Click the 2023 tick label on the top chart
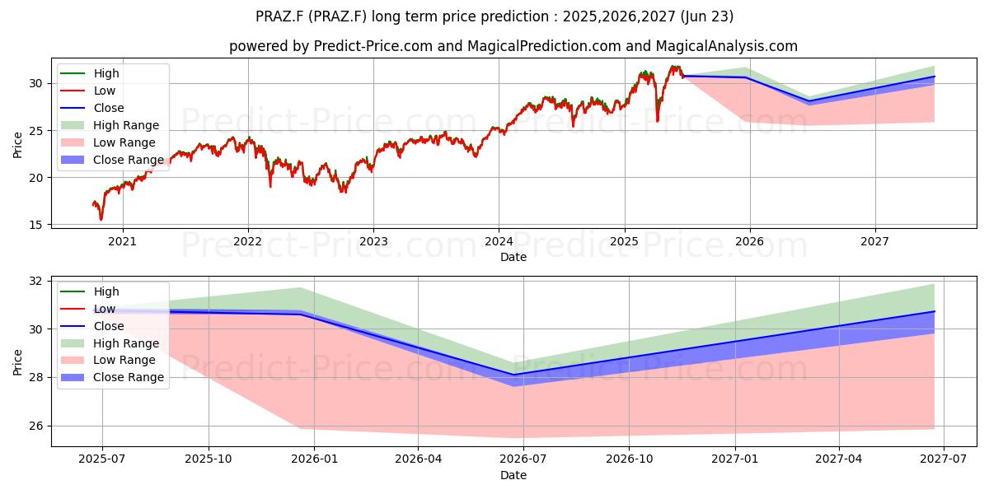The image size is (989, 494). [373, 242]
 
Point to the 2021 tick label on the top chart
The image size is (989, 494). [122, 242]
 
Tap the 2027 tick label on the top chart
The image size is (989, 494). [874, 242]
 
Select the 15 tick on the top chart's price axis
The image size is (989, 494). [36, 225]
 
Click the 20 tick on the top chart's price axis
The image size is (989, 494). [36, 178]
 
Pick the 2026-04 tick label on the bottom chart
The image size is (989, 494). [418, 459]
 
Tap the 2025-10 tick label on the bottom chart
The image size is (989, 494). [208, 459]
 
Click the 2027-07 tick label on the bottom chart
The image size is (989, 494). [944, 459]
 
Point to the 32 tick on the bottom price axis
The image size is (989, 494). [36, 282]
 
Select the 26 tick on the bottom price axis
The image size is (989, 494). [36, 426]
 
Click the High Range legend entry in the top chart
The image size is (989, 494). [110, 125]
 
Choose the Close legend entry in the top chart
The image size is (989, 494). [91, 108]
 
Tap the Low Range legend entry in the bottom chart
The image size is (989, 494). [108, 361]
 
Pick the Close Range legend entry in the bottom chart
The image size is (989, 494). [112, 378]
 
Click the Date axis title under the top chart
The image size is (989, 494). [513, 257]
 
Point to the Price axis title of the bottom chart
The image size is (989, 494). [17, 362]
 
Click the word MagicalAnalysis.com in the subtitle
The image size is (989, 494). [727, 46]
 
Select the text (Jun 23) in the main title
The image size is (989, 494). [707, 16]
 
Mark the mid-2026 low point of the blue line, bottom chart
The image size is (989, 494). [513, 375]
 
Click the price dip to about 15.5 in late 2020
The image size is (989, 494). [101, 219]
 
